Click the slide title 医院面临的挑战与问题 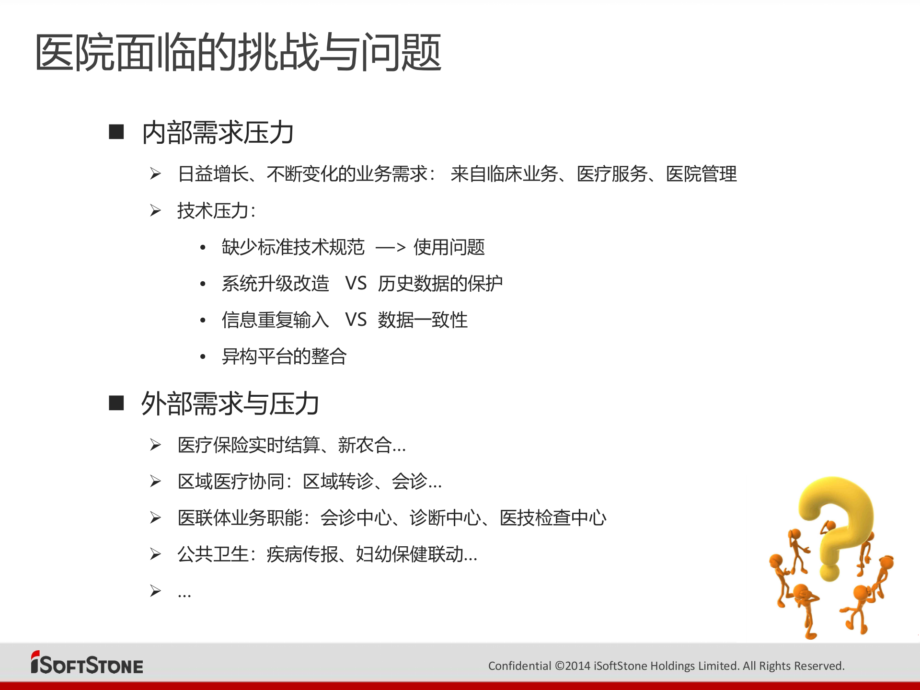pos(238,53)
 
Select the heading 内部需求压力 pos(218,133)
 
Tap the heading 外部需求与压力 pos(230,403)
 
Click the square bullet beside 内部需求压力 pos(116,132)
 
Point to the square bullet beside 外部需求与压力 pos(116,403)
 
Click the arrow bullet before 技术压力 pos(155,210)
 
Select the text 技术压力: pos(216,211)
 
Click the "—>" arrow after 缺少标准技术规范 pos(391,248)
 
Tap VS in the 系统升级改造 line pos(356,284)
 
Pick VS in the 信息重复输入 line pos(356,320)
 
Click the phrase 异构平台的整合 pos(284,356)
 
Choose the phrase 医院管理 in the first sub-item pos(701,174)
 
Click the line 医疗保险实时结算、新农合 pos(291,445)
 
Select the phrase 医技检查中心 pos(553,518)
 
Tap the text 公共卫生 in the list pos(213,554)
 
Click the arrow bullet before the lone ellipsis pos(155,590)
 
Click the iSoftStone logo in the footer pos(87,664)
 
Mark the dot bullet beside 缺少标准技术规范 pos(203,248)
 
